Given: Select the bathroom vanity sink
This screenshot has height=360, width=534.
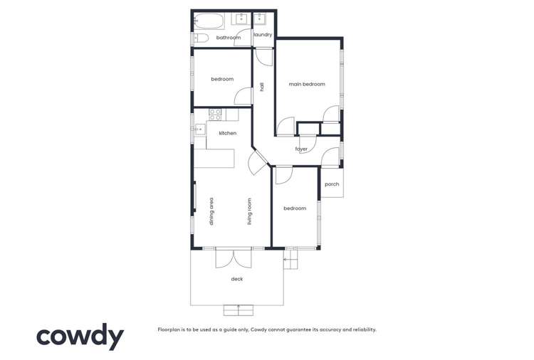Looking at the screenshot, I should [x=242, y=19].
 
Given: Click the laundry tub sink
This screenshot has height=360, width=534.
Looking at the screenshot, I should [x=261, y=19].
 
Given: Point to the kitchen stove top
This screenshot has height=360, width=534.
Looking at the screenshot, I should [x=215, y=114].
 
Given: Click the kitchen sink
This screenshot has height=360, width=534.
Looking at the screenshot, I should [x=201, y=129].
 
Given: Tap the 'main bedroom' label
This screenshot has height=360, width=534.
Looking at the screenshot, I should [x=306, y=84].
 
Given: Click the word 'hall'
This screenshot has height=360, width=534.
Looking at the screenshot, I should [x=262, y=87].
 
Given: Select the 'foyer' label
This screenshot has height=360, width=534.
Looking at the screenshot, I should [x=301, y=149].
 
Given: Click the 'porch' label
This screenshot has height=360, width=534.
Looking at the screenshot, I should [x=331, y=184].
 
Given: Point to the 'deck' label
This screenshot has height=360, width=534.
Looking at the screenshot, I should [x=236, y=279].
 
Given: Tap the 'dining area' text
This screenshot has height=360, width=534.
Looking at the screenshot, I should [x=211, y=211].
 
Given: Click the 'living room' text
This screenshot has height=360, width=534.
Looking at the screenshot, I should [x=250, y=211].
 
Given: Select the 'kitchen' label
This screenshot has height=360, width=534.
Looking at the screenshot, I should [x=227, y=133].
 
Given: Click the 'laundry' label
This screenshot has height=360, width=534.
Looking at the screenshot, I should [x=263, y=34].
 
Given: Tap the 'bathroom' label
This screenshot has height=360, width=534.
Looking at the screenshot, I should [x=229, y=38].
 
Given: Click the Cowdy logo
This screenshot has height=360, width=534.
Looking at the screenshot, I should [x=80, y=337].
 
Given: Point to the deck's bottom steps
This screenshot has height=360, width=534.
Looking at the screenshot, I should [x=238, y=309].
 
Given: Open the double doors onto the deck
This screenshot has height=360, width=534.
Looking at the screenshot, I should [x=233, y=257].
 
